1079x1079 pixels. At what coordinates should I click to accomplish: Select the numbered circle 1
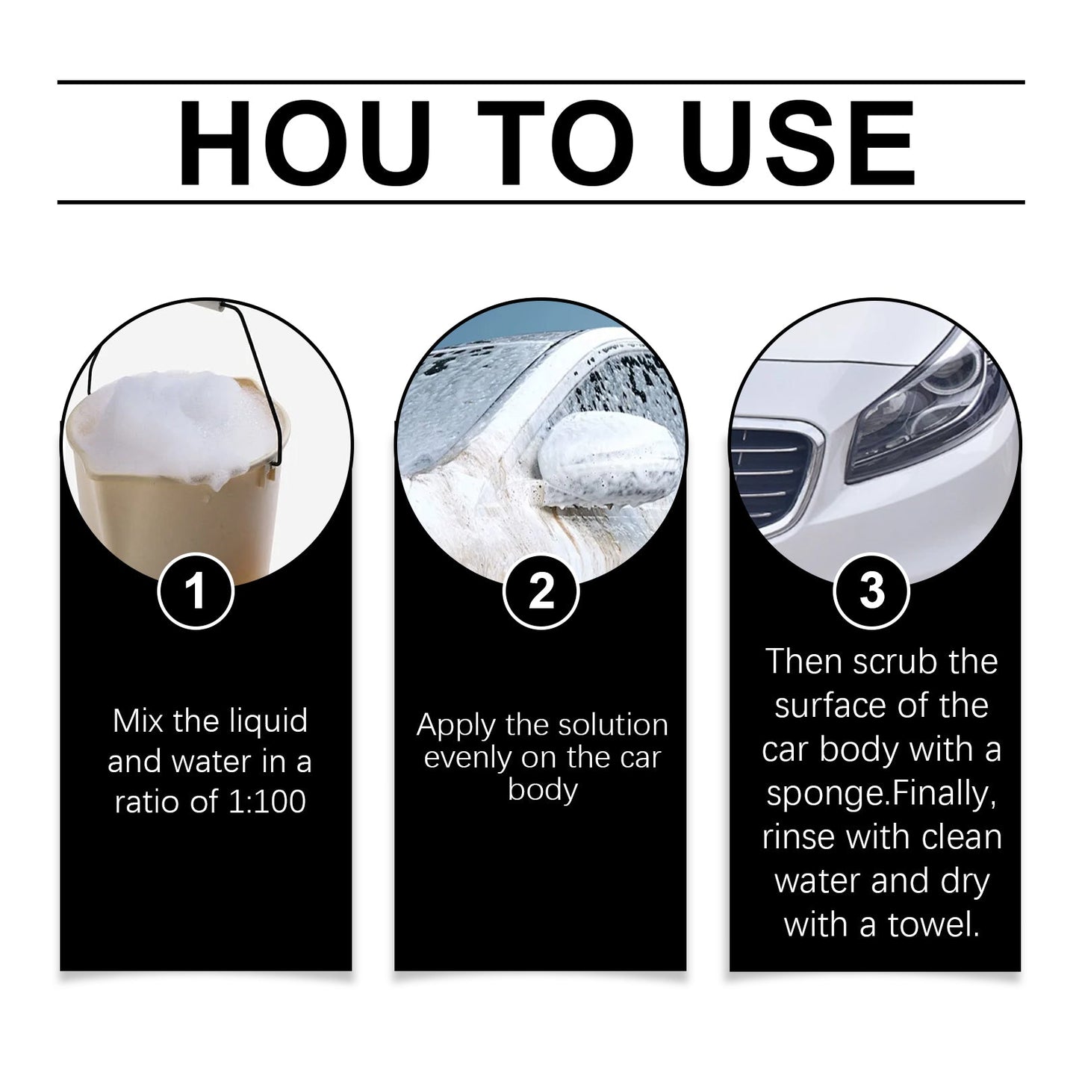pos(196,591)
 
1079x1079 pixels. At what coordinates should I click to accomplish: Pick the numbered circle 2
pos(541,591)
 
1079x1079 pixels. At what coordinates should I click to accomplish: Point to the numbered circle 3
pos(871,591)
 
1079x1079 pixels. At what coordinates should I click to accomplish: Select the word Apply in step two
pos(455,726)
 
